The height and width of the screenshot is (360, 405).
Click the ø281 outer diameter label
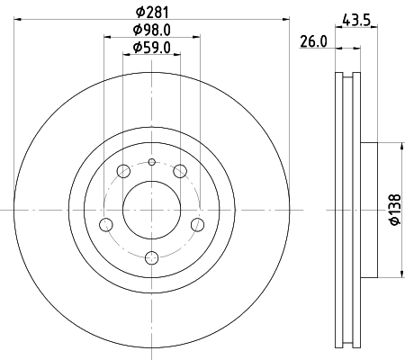click(151, 11)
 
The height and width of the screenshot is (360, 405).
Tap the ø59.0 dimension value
click(151, 47)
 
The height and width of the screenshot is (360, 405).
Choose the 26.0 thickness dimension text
click(315, 40)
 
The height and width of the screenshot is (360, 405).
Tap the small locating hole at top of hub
click(151, 162)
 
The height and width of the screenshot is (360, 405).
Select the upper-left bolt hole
click(123, 171)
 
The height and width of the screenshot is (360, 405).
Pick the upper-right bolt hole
click(180, 171)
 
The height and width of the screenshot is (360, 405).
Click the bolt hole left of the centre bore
click(105, 224)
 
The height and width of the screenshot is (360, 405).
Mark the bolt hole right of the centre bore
click(198, 224)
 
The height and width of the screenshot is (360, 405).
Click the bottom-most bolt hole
click(151, 257)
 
